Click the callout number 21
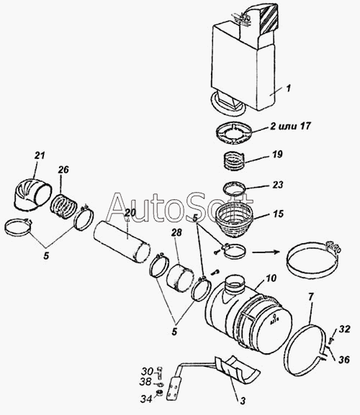pos(40,155)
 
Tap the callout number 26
pos(63,170)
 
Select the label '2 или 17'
pos(291,126)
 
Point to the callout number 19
pos(277,154)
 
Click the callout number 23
pos(278,184)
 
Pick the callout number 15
pos(279,214)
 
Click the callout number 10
pos(271,278)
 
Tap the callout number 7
pos(311,297)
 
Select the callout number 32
pos(345,329)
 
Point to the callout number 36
pos(344,360)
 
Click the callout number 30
pos(147,372)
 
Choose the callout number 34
pos(146,399)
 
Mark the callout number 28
pos(176,232)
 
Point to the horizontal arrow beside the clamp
pos(266,252)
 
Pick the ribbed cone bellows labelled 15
pos(235,221)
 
